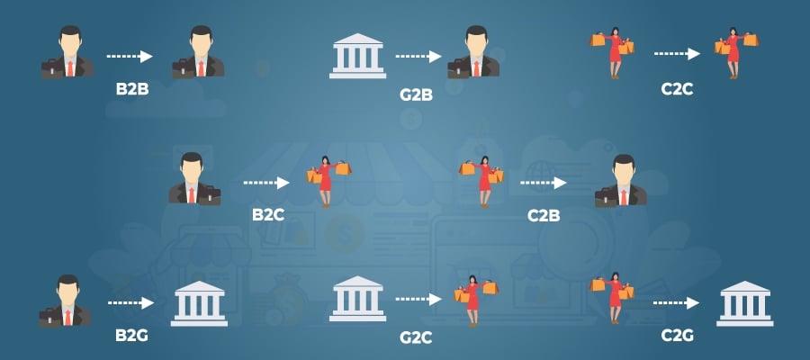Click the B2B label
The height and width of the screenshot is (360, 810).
click(130, 91)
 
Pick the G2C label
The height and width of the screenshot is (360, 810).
click(417, 338)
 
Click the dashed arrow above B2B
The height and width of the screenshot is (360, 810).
click(130, 56)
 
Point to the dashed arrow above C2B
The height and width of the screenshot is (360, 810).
click(544, 182)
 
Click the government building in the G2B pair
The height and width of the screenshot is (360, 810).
click(357, 56)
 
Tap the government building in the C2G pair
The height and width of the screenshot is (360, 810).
click(744, 302)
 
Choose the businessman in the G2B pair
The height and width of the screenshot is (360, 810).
click(472, 52)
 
